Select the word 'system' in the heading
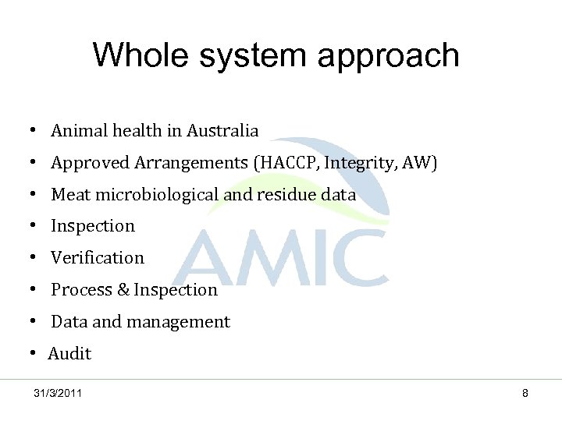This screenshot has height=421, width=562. pyautogui.click(x=254, y=57)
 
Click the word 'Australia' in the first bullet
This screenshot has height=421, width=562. pyautogui.click(x=222, y=131)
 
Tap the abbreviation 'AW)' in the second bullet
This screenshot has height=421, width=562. pyautogui.click(x=421, y=163)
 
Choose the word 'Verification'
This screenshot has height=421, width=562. pyautogui.click(x=98, y=258)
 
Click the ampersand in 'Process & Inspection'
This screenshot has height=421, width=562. pyautogui.click(x=123, y=290)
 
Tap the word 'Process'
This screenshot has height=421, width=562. pyautogui.click(x=81, y=290)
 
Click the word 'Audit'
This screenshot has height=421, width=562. pyautogui.click(x=70, y=354)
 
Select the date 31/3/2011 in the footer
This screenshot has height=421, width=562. pyautogui.click(x=58, y=393)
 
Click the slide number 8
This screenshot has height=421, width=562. pyautogui.click(x=525, y=393)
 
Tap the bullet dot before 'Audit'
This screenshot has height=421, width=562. pyautogui.click(x=36, y=354)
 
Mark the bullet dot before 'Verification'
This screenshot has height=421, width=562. pyautogui.click(x=36, y=258)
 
